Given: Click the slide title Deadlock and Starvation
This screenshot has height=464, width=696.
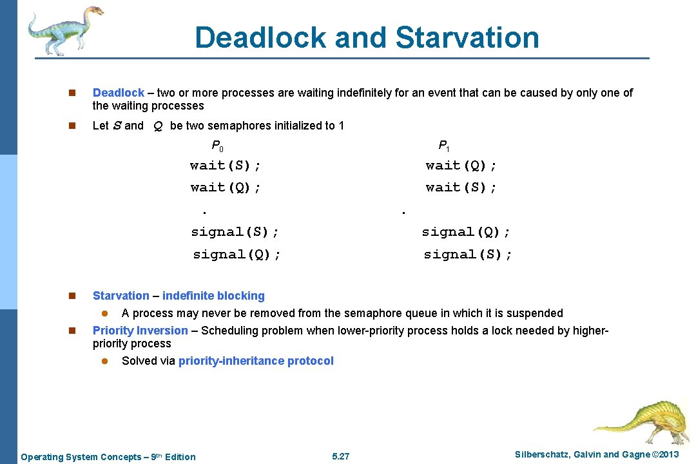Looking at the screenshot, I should (x=367, y=37).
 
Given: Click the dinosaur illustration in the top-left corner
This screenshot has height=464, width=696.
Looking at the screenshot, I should (x=64, y=29).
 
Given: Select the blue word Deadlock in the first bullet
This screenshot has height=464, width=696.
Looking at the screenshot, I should (x=119, y=93).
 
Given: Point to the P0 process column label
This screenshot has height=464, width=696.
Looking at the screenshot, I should (x=217, y=146).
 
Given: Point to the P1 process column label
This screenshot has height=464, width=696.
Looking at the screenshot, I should (x=444, y=146).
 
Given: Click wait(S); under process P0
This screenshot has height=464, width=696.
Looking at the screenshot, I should (x=226, y=166).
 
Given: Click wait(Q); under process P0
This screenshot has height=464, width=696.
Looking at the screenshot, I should (x=226, y=188).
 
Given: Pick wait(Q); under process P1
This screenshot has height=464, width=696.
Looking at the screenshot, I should (x=461, y=166).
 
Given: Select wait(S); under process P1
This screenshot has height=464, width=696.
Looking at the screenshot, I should (x=461, y=188).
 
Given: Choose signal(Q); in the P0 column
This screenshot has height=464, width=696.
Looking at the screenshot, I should (x=237, y=255).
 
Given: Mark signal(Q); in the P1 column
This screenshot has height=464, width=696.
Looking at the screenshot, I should (x=466, y=232).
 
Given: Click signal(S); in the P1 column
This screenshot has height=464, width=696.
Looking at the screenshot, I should (x=468, y=255).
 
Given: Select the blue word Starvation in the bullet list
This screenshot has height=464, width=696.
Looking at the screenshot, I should (x=121, y=296).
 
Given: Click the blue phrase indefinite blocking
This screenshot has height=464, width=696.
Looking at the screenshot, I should (x=213, y=296).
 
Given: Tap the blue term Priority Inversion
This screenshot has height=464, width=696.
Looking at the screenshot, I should (x=140, y=331).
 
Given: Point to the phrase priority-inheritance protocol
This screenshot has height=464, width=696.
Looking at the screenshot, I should (x=256, y=361).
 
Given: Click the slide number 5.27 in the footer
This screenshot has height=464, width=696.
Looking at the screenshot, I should (x=340, y=456).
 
